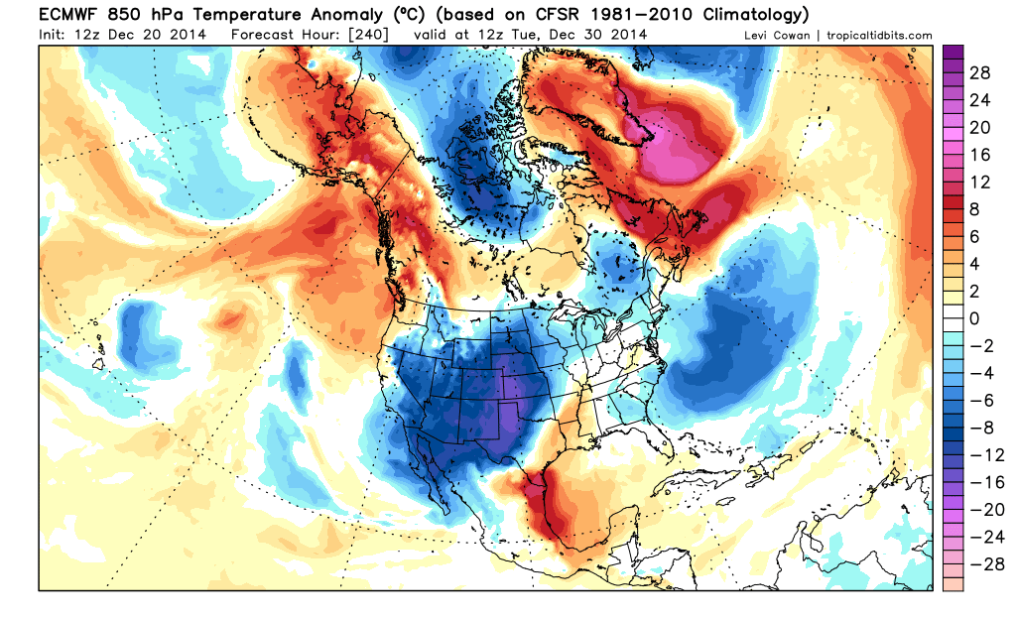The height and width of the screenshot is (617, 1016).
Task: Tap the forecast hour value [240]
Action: [368, 35]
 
